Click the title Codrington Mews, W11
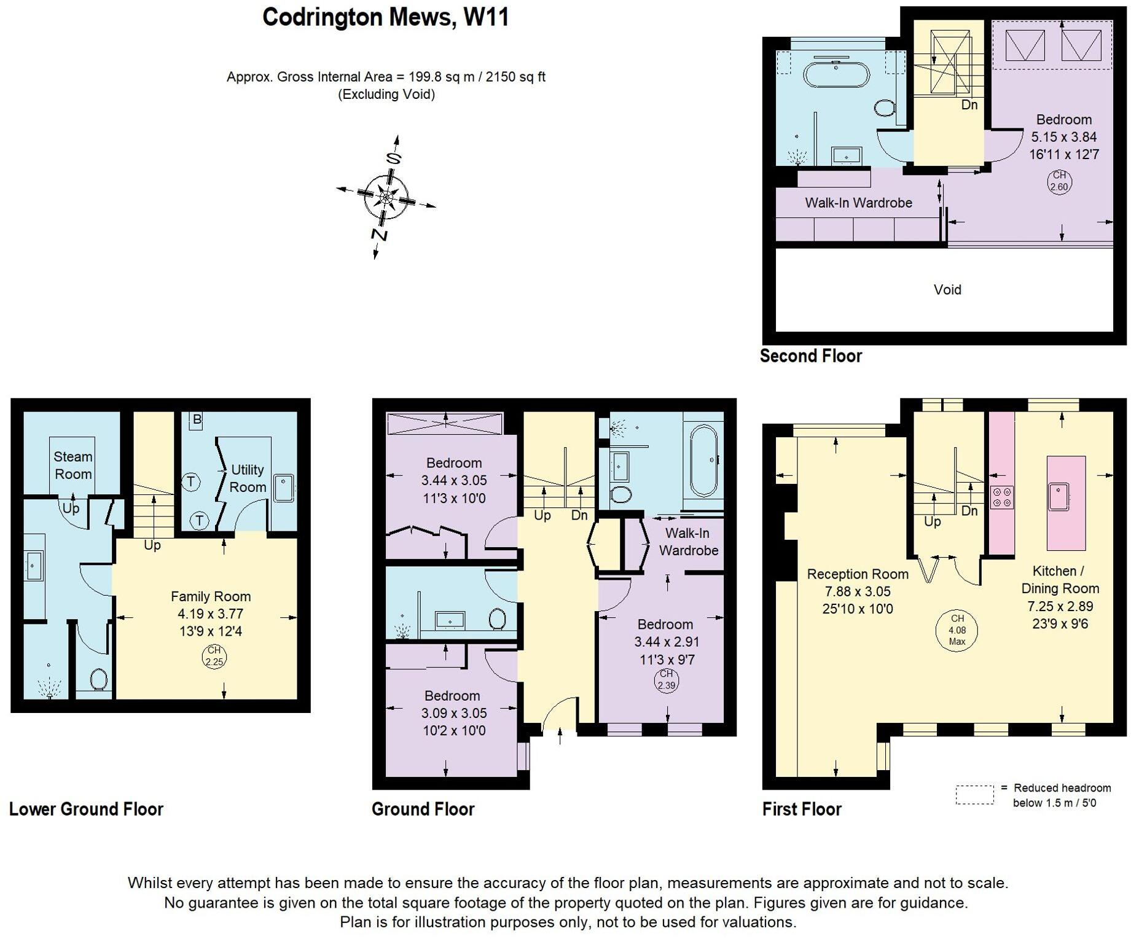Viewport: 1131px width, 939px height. click(385, 17)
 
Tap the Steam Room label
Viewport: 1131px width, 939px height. click(73, 466)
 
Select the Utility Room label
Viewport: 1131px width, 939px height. click(248, 478)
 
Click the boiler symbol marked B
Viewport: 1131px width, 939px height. click(197, 420)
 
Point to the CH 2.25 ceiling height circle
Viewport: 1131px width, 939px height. click(214, 657)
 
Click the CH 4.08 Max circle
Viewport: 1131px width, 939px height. click(957, 630)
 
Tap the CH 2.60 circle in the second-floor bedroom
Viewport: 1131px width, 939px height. click(1059, 182)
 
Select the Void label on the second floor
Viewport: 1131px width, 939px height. click(947, 290)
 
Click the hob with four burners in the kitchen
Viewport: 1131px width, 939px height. click(1002, 496)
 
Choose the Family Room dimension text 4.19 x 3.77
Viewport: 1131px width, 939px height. click(210, 614)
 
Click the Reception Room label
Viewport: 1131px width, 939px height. click(857, 574)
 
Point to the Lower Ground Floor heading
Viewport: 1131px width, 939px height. click(86, 809)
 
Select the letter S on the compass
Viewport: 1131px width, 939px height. click(393, 158)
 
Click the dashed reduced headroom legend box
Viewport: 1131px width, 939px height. click(974, 794)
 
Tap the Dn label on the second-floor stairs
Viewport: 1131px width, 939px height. click(969, 105)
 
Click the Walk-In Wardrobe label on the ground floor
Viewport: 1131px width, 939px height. click(688, 542)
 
